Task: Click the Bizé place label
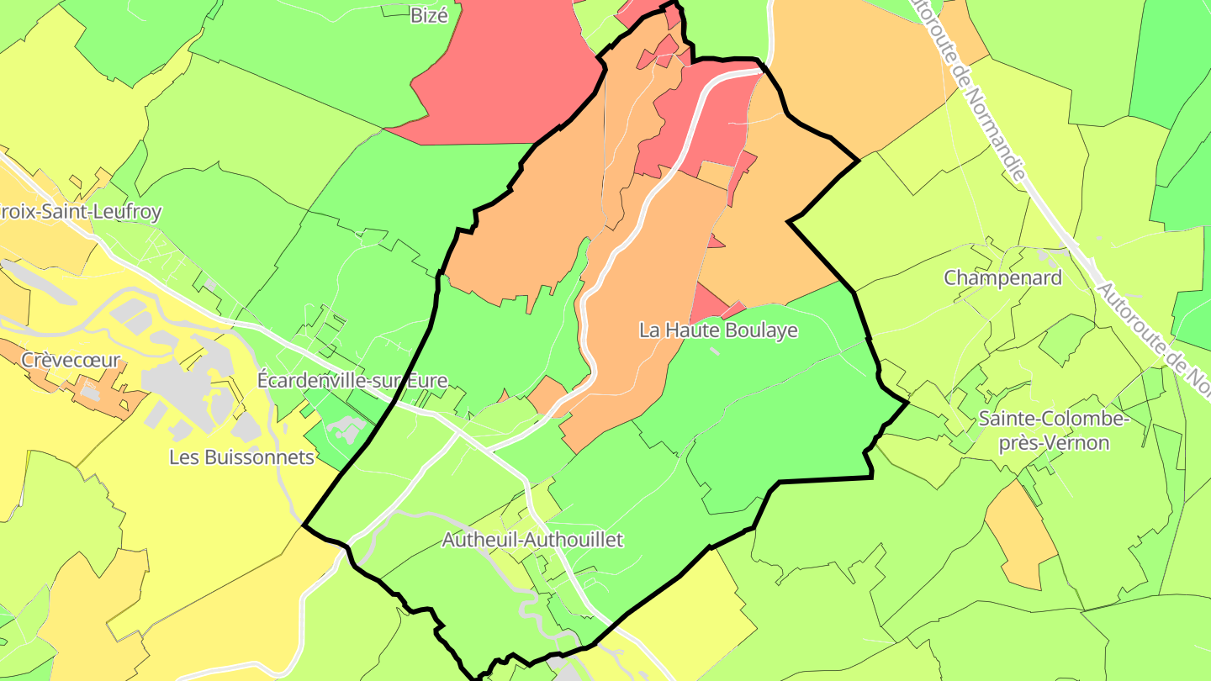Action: (429, 14)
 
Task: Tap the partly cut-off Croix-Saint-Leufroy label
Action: (80, 212)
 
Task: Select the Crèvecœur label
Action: (71, 362)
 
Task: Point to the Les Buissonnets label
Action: (241, 458)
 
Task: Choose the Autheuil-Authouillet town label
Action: (532, 540)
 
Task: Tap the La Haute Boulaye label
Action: (718, 330)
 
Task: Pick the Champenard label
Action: (1002, 277)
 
